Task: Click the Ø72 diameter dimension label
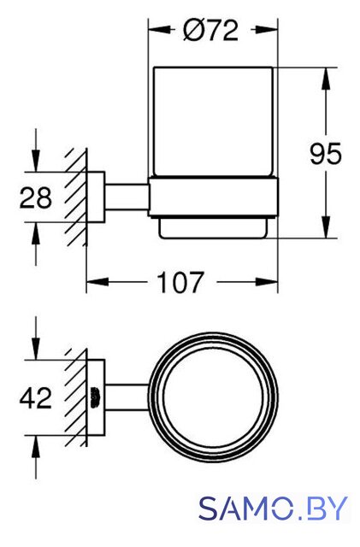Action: [210, 30]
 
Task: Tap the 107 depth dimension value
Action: [180, 282]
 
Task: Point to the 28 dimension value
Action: [36, 197]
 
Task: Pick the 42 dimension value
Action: [36, 397]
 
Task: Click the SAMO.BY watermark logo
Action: [274, 509]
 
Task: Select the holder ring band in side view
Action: [214, 197]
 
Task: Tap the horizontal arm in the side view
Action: [127, 197]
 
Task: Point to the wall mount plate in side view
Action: [96, 197]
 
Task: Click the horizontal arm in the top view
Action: [127, 397]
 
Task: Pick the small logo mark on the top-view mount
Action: [95, 397]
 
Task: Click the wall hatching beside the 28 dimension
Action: [75, 197]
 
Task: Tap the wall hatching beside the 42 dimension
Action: [75, 397]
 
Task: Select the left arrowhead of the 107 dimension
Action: [97, 282]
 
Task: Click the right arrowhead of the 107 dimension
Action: [267, 282]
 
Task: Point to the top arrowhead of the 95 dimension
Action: [326, 78]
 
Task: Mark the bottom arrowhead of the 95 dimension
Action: [326, 227]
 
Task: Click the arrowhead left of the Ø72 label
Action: [160, 30]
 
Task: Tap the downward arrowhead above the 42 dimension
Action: [36, 348]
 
